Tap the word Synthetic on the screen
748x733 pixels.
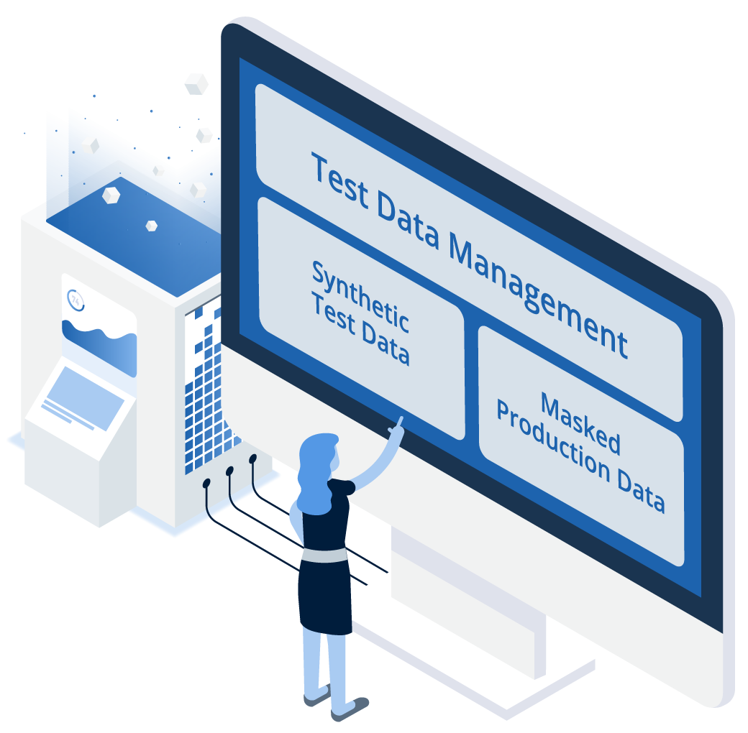point(360,295)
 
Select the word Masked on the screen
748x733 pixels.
point(581,423)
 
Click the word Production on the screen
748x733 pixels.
point(553,439)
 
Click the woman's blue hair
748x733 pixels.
point(315,472)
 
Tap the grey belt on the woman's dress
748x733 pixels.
point(324,555)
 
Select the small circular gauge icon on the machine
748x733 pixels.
point(76,300)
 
